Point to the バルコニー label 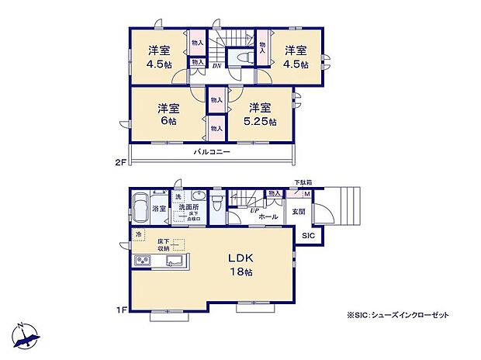coord(212,153)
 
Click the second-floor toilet coord(241,59)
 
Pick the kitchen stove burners coord(144,261)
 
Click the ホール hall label coord(268,217)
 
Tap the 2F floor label coord(119,164)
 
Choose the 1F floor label coord(119,311)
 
